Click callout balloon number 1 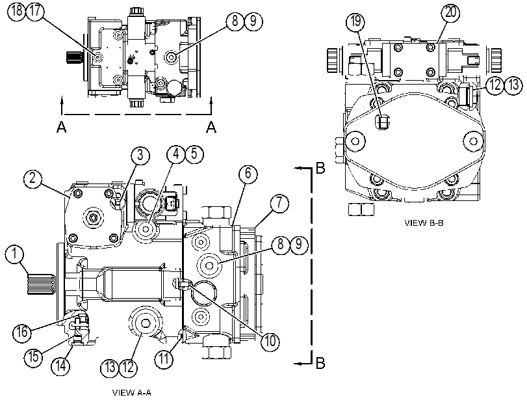point(14,254)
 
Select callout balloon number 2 point(32,178)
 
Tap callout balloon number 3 point(140,156)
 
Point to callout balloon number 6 point(248,174)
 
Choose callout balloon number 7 point(279,203)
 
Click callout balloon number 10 point(270,341)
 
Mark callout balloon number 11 point(164,359)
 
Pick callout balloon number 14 point(60,366)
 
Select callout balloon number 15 point(34,357)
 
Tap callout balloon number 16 point(22,332)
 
